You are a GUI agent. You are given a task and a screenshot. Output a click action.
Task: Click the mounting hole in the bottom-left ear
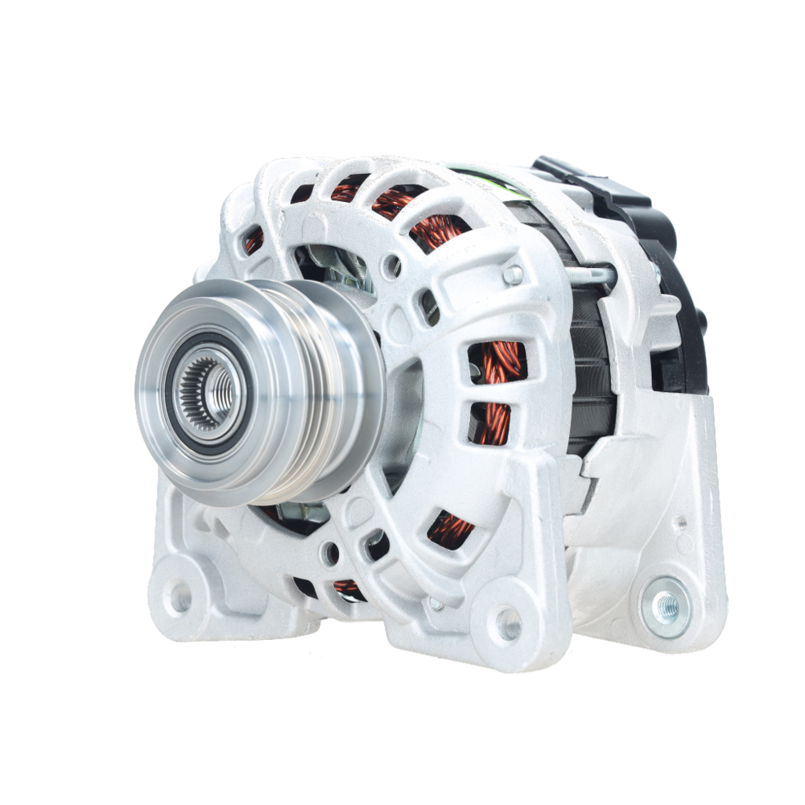pos(177,597)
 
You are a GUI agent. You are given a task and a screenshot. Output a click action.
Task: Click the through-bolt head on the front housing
pos(512,275)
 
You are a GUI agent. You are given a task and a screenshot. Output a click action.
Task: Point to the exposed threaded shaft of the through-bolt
pos(588,275)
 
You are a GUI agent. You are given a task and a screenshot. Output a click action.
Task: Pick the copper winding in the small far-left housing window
pos(253,239)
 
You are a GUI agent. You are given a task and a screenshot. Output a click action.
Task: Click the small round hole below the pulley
pos(330,552)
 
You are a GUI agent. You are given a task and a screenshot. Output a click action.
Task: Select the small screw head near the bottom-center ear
pos(436,602)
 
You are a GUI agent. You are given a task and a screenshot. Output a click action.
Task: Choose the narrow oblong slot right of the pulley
pos(428,306)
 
